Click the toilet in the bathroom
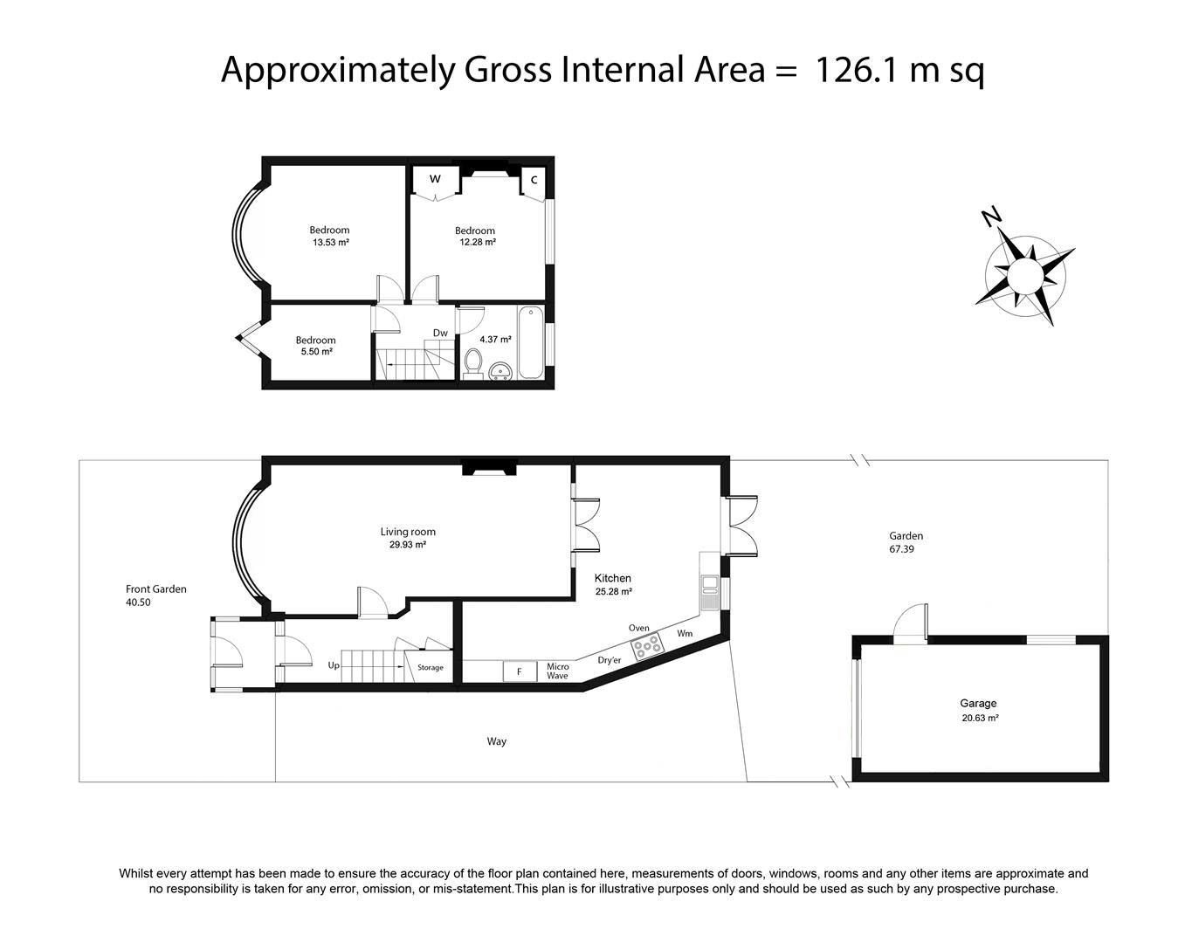(x=473, y=364)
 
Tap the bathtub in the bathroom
(x=531, y=342)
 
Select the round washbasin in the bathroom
(x=501, y=370)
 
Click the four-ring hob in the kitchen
(x=647, y=646)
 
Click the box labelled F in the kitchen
(x=520, y=671)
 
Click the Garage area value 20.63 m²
(x=980, y=718)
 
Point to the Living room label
(x=408, y=532)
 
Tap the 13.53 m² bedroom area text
(x=331, y=242)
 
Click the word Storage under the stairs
(x=431, y=668)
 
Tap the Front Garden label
(x=156, y=589)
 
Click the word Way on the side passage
(x=497, y=742)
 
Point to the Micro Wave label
(x=557, y=671)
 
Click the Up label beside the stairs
(x=334, y=665)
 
